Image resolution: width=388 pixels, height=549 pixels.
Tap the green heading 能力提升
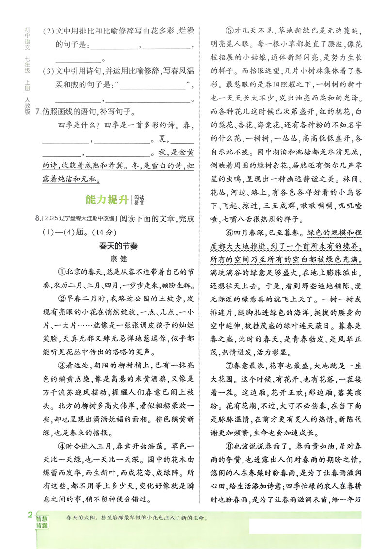pos(106,199)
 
